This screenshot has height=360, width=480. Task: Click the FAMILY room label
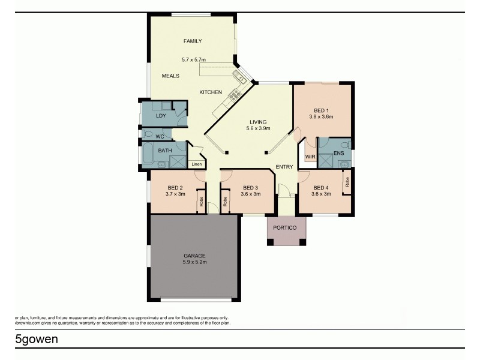pyautogui.click(x=193, y=41)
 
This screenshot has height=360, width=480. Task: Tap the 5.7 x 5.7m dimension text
pyautogui.click(x=193, y=59)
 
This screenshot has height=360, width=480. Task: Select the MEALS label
pyautogui.click(x=171, y=76)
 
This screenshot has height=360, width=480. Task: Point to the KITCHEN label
pyautogui.click(x=211, y=92)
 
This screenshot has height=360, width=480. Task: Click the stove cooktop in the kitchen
pyautogui.click(x=232, y=96)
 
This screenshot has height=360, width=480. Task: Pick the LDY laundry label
pyautogui.click(x=161, y=116)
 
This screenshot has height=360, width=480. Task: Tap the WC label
pyautogui.click(x=160, y=137)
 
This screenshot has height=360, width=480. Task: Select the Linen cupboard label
pyautogui.click(x=197, y=164)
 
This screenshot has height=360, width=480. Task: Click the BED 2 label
pyautogui.click(x=175, y=187)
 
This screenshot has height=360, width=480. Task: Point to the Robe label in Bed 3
pyautogui.click(x=226, y=202)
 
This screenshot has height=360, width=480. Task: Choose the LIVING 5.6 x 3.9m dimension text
pyautogui.click(x=259, y=128)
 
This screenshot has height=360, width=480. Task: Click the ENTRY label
pyautogui.click(x=284, y=167)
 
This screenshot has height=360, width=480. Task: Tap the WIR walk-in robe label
pyautogui.click(x=310, y=157)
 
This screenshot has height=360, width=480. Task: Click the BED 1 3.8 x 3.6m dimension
pyautogui.click(x=321, y=117)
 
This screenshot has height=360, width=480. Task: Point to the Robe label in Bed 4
pyautogui.click(x=347, y=181)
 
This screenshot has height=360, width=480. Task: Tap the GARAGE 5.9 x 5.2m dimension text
pyautogui.click(x=195, y=262)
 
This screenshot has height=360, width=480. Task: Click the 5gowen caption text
pyautogui.click(x=37, y=339)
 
